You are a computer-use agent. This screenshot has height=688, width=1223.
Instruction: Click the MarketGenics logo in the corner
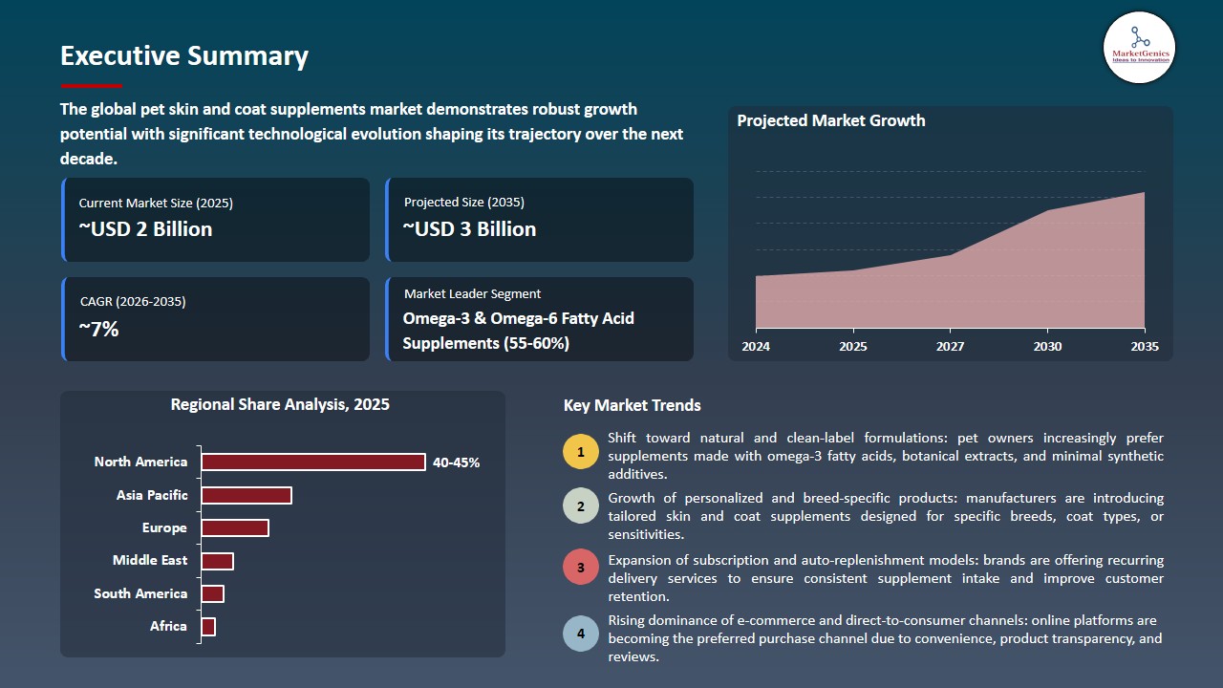pos(1139,47)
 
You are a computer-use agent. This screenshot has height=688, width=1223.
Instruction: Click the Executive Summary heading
pos(184,56)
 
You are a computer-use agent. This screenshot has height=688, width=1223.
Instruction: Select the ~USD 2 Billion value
pos(145,229)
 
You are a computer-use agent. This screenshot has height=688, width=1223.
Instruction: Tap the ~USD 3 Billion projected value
pos(469,229)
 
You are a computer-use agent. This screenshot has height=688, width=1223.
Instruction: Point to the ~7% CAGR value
pos(99,330)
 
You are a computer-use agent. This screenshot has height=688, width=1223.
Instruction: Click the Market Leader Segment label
pos(472,294)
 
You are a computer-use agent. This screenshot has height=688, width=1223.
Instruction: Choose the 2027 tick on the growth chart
pos(950,347)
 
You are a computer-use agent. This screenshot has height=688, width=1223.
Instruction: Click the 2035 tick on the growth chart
pos(1144,347)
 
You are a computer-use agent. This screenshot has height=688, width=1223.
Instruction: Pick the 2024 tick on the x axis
pos(756,347)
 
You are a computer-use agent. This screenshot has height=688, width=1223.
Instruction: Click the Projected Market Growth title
pos(830,120)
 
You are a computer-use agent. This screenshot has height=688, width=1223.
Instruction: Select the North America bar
pos(313,462)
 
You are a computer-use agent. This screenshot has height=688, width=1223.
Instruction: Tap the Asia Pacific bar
pos(247,495)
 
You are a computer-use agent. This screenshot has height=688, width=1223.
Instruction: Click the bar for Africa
pos(208,627)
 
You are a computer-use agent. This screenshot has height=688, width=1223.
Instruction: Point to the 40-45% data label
pos(456,462)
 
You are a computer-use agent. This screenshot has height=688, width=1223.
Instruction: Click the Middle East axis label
pos(150,561)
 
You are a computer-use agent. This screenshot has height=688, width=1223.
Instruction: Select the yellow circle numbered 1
pos(581,452)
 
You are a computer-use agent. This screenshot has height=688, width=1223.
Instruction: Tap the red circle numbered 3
pos(581,567)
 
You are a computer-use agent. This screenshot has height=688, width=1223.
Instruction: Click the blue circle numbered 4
pos(581,634)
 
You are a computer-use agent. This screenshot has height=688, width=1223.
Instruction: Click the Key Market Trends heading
pos(632,405)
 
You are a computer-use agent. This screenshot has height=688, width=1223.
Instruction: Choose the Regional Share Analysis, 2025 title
pos(280,404)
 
